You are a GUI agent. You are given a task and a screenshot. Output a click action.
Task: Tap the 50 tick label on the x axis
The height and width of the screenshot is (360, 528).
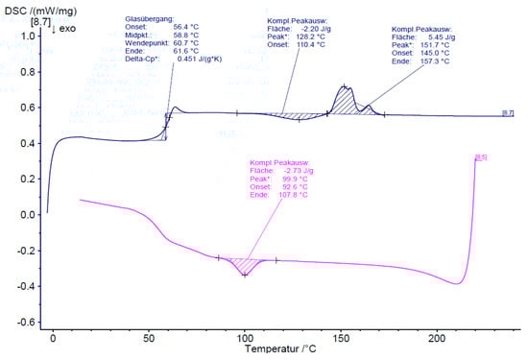[x=150, y=340]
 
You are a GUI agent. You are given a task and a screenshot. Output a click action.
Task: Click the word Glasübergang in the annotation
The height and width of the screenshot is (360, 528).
[x=150, y=19]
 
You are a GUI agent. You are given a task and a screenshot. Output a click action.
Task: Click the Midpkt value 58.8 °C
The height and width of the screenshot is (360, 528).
[x=186, y=36]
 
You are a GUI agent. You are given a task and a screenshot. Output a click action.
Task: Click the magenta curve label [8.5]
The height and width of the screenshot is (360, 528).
[x=481, y=156]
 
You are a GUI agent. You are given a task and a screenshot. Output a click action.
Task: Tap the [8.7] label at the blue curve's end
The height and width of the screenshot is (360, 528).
[x=508, y=113]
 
